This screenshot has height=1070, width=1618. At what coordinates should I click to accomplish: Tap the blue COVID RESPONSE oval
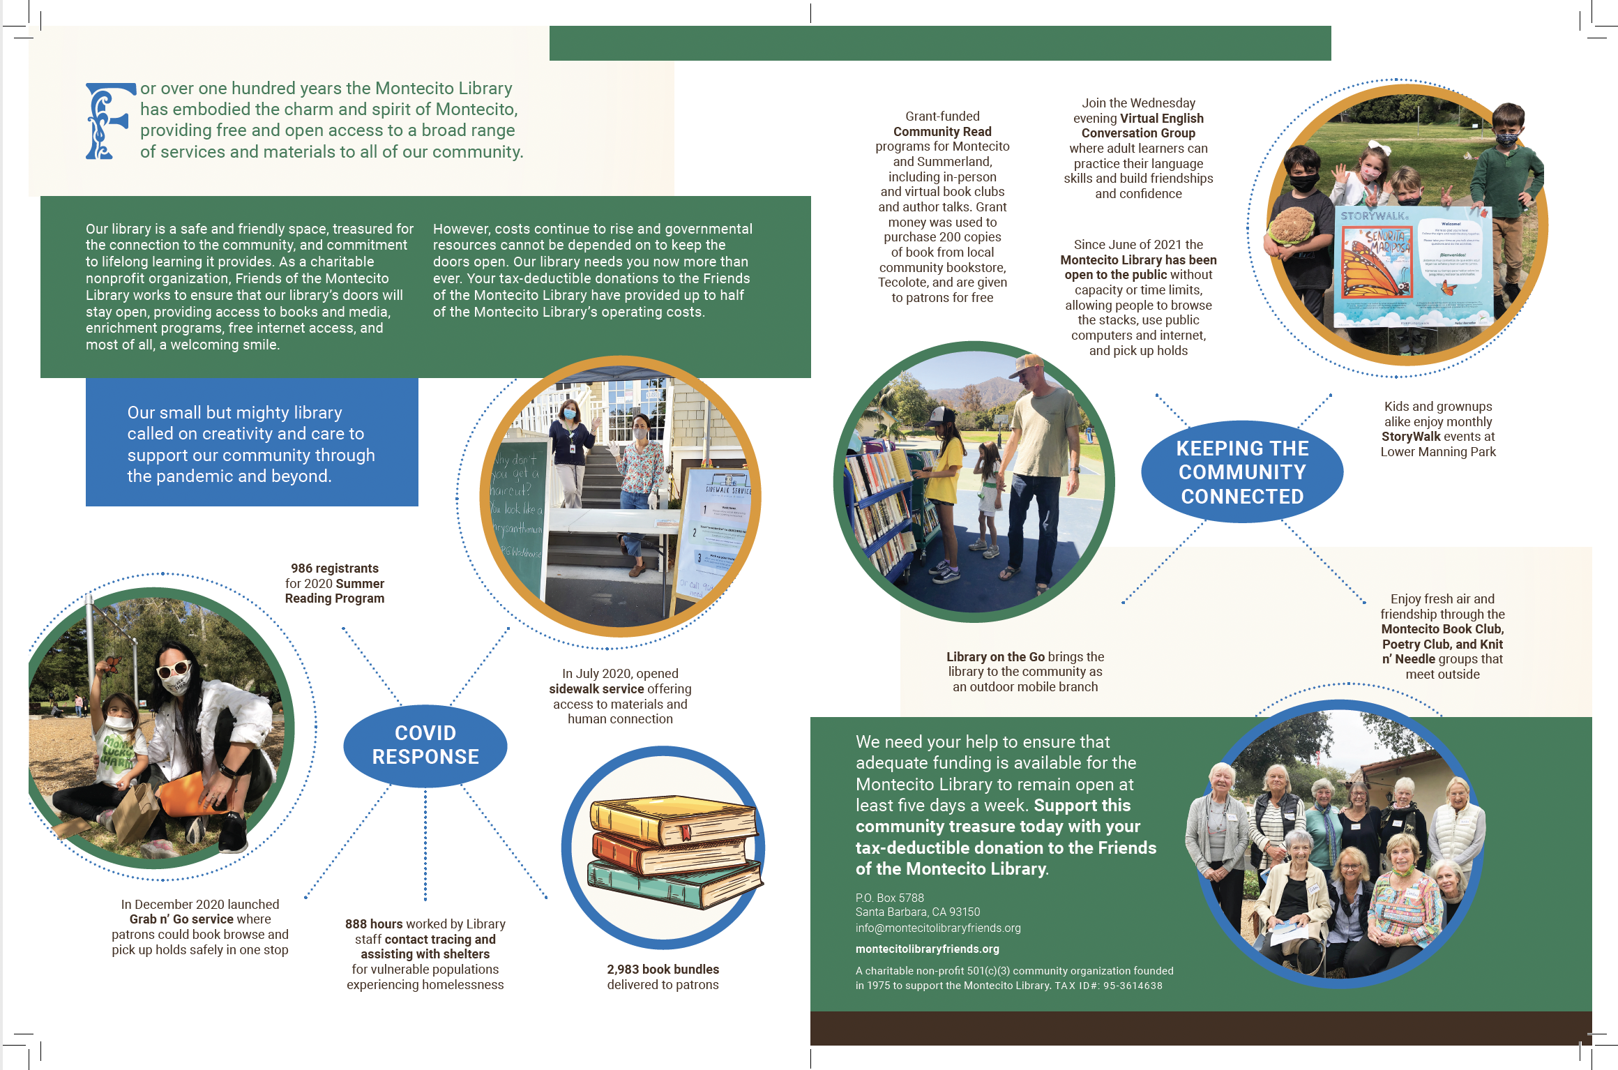(x=425, y=745)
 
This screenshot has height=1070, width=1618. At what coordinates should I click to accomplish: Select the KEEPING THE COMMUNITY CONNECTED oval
(x=1242, y=472)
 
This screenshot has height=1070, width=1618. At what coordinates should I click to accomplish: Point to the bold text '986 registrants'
(x=335, y=568)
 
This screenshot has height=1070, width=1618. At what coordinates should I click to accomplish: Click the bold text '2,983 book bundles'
(x=663, y=970)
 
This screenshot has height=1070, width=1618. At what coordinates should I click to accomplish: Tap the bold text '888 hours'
(x=374, y=924)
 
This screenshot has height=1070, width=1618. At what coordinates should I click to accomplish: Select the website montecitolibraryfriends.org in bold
(x=927, y=949)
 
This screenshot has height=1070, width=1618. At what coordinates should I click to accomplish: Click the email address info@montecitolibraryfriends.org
(x=938, y=928)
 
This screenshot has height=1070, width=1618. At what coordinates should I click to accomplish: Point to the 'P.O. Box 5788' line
(x=889, y=898)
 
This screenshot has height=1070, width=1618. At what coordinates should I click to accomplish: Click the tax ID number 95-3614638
(x=1133, y=986)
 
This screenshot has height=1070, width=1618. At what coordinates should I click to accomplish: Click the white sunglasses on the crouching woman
(x=173, y=670)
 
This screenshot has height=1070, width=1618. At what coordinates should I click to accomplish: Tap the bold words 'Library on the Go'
(x=995, y=657)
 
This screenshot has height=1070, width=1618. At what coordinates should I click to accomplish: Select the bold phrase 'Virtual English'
(x=1162, y=119)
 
